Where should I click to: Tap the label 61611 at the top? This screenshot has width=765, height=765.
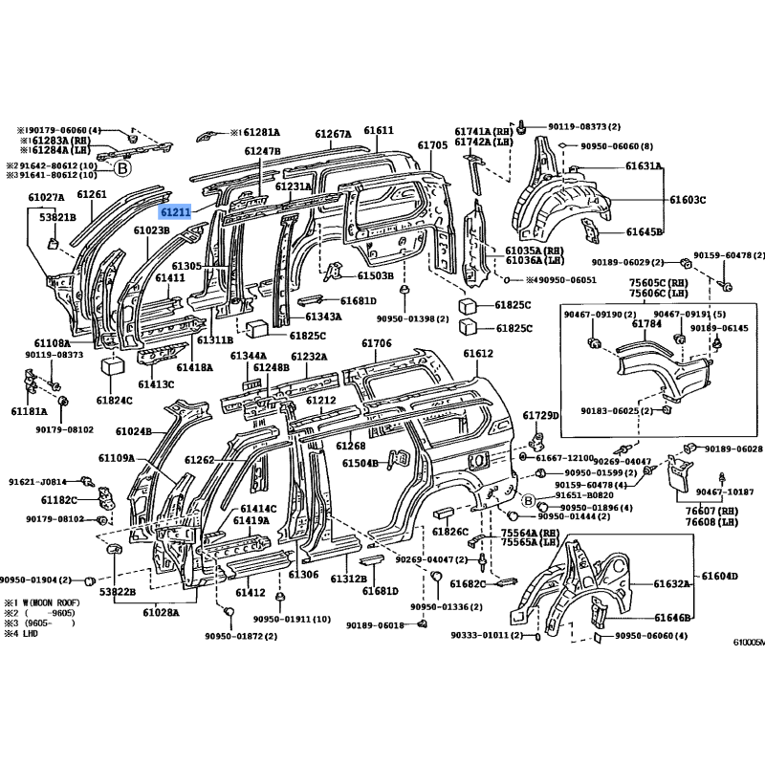tap(379, 131)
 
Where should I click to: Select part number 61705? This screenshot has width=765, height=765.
tap(432, 145)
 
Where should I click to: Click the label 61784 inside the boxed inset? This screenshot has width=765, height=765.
tap(646, 324)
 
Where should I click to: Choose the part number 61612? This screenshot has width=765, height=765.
tap(478, 354)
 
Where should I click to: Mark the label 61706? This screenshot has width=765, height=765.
tap(377, 343)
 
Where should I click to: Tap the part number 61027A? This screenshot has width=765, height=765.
tap(46, 197)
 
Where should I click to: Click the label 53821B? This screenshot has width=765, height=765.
tap(56, 217)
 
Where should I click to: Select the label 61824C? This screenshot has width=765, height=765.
tap(115, 400)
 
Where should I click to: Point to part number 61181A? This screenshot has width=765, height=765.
tap(30, 411)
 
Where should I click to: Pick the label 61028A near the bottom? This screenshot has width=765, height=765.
tap(164, 612)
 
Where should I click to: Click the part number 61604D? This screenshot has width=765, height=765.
tap(720, 576)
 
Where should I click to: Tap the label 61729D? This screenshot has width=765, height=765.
tap(540, 415)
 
